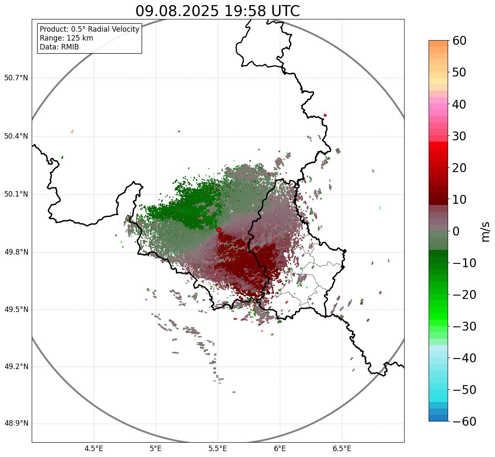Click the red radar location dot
(219, 230)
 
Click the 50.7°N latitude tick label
(16, 78)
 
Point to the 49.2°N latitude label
(16, 367)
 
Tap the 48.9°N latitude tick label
(16, 424)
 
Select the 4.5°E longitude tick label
(94, 448)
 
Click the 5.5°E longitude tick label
(218, 448)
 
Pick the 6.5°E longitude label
(342, 448)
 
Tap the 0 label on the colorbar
(456, 231)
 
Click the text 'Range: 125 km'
(66, 38)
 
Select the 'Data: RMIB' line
(59, 47)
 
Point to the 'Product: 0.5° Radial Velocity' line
(89, 29)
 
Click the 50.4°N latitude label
(16, 136)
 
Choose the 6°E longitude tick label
(280, 448)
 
